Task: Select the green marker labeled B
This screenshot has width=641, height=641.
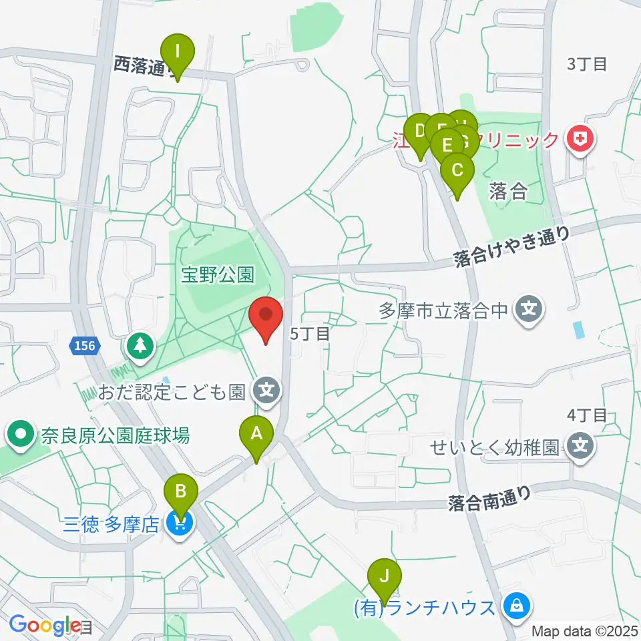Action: (180, 493)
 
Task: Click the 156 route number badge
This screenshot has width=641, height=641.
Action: (84, 345)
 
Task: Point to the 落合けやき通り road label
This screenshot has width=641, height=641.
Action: (511, 246)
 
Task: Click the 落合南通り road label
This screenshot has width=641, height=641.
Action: (490, 497)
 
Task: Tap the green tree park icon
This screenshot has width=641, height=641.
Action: (141, 346)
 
